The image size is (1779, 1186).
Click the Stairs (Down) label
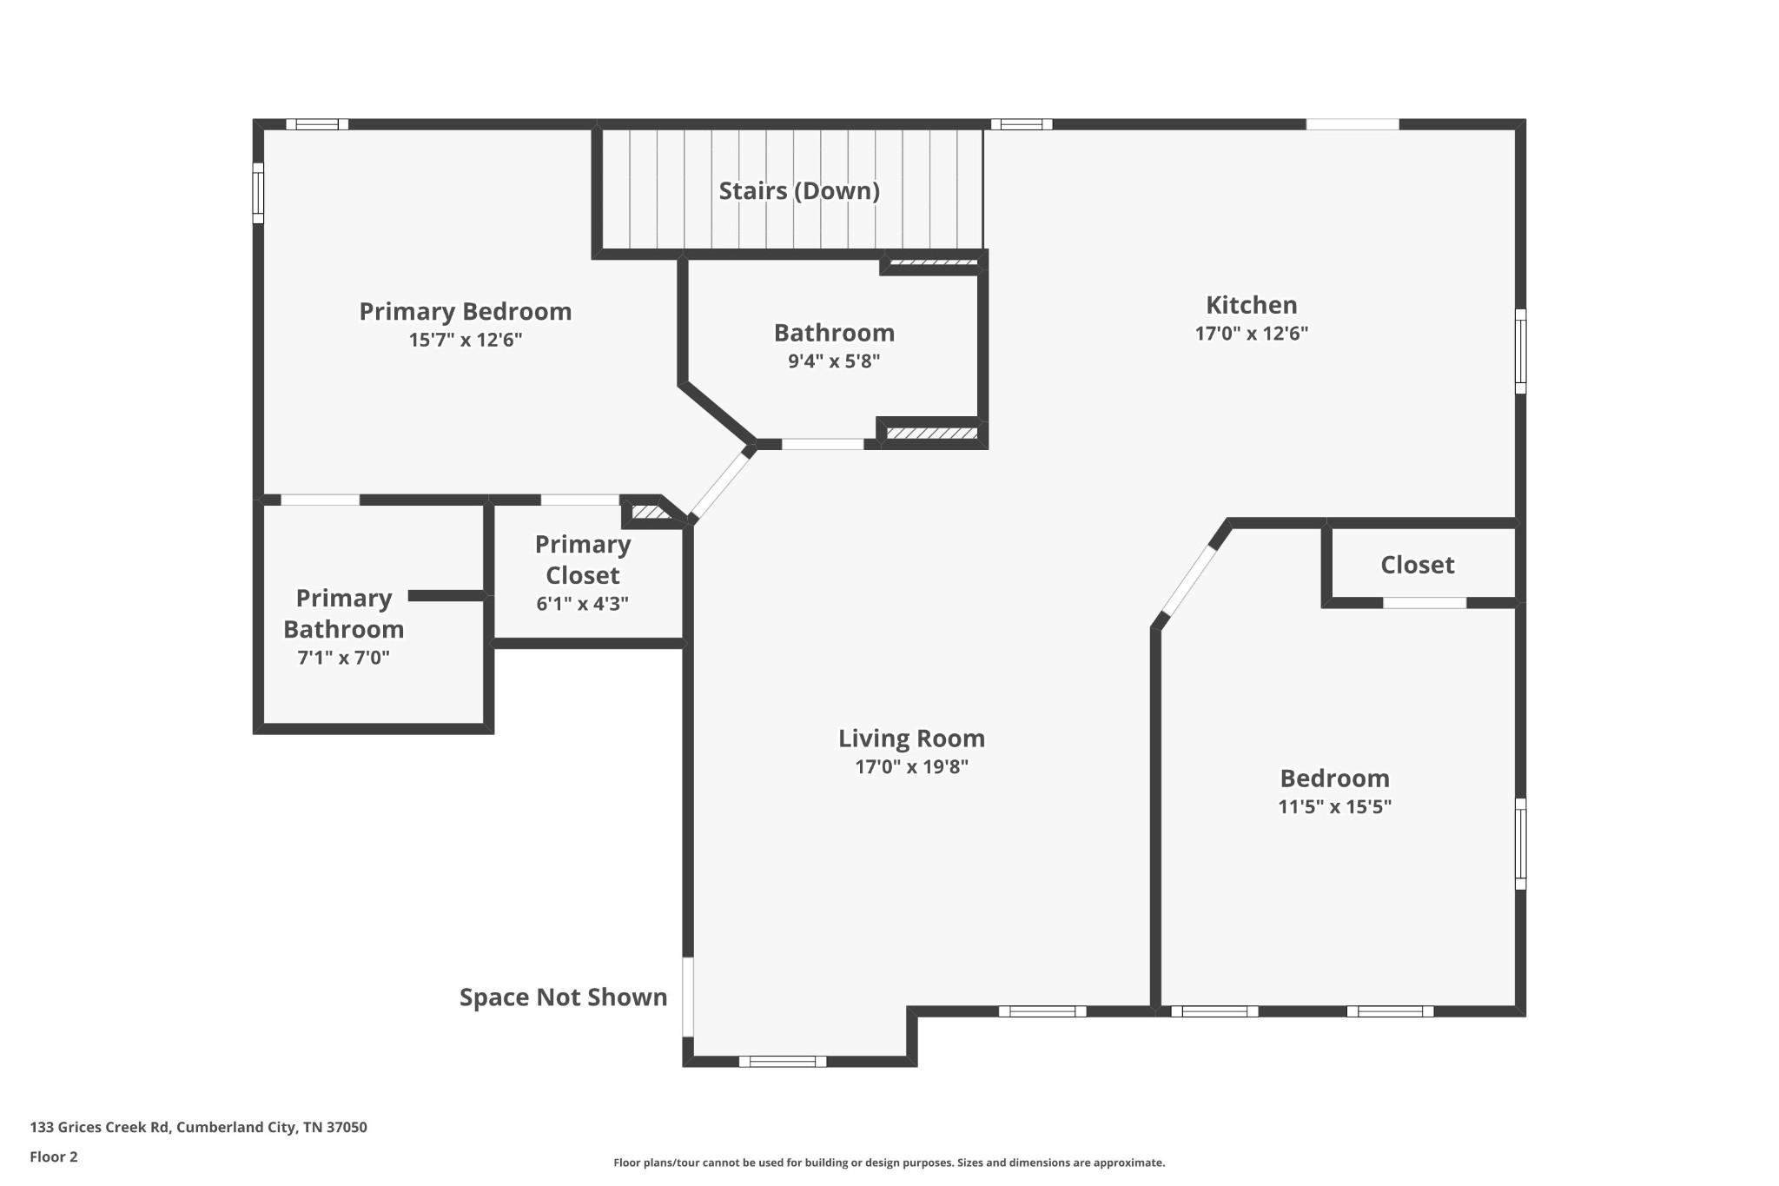[x=798, y=191]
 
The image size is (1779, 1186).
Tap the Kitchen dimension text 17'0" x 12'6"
[x=1251, y=334]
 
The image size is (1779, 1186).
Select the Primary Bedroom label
[x=465, y=311]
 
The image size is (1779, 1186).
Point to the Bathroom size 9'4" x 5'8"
[x=834, y=361]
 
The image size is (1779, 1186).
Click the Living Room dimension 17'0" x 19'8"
[x=911, y=766]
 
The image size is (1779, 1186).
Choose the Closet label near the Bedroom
[x=1417, y=565]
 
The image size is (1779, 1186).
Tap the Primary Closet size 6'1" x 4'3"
[x=582, y=603]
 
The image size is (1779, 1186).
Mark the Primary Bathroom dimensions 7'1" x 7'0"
[x=343, y=658]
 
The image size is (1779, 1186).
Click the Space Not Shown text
[x=563, y=997]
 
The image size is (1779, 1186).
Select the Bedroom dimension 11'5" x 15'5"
[x=1334, y=806]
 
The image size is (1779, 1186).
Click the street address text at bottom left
[x=198, y=1127]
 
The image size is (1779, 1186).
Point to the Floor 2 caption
[x=54, y=1156]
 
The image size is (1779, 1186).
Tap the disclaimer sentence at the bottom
[x=889, y=1163]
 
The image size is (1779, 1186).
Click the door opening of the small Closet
[x=1425, y=602]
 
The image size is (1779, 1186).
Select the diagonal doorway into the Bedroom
[x=1189, y=580]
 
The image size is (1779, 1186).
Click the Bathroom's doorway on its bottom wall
[x=823, y=444]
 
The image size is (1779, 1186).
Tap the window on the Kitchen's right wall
[x=1520, y=351]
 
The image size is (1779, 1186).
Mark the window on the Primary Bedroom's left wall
[x=258, y=193]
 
